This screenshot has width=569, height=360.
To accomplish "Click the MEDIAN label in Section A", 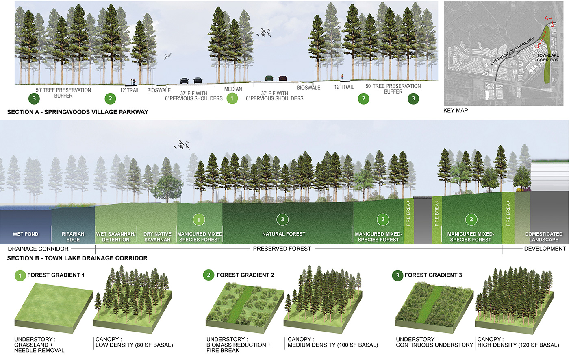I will click(x=233, y=89).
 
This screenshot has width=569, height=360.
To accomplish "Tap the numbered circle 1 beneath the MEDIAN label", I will click(x=232, y=98).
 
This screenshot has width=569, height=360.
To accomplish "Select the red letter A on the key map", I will click(x=547, y=19).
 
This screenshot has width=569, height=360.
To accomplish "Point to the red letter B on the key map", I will click(x=537, y=46).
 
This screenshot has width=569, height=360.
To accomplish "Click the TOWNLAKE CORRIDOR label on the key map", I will click(x=547, y=57).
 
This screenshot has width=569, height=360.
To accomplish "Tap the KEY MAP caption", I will click(x=456, y=110).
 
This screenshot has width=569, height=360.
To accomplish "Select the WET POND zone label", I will click(x=25, y=234).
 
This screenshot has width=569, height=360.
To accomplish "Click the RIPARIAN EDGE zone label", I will click(x=73, y=237).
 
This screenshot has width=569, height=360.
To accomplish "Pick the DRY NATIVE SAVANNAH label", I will click(x=157, y=237).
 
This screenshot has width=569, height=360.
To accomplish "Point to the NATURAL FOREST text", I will click(x=284, y=234).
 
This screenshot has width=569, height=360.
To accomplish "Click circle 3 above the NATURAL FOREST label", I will click(x=283, y=220).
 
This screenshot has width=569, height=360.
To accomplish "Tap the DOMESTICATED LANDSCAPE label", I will click(x=543, y=237).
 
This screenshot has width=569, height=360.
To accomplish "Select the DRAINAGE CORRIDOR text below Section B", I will click(x=38, y=249).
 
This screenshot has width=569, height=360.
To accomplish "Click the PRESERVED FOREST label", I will click(x=282, y=248).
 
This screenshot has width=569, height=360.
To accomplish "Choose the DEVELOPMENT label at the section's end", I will click(x=545, y=249).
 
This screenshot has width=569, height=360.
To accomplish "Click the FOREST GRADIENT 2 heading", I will click(x=245, y=275).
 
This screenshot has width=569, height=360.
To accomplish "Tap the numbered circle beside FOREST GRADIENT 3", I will click(x=397, y=275).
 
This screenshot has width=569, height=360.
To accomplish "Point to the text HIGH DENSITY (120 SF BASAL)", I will click(x=518, y=345).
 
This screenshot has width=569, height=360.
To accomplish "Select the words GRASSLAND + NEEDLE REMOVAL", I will click(x=39, y=347).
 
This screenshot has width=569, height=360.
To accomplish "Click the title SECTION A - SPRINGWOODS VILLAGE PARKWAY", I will click(x=78, y=112).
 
